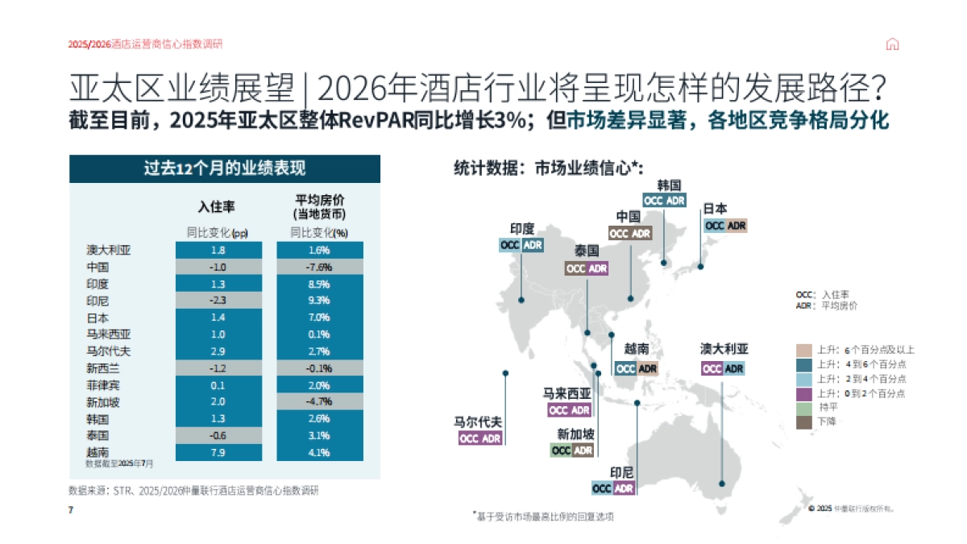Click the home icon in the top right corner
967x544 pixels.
tap(892, 44)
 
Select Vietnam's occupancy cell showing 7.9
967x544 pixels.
tap(217, 452)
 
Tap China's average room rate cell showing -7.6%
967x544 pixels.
tap(318, 267)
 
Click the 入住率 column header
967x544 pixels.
tap(217, 207)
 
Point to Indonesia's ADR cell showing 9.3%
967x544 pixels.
tap(318, 301)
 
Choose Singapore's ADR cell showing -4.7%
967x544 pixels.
tap(318, 402)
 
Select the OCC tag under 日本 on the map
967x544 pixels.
tap(715, 226)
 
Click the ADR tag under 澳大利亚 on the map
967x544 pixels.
tap(734, 368)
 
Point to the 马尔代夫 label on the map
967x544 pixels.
tap(478, 421)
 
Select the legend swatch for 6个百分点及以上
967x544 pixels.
tap(803, 350)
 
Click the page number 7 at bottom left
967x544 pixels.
tap(71, 510)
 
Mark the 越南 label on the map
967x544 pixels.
tap(636, 351)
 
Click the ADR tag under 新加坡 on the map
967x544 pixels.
tap(583, 451)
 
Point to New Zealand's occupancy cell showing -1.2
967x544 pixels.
tap(217, 368)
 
